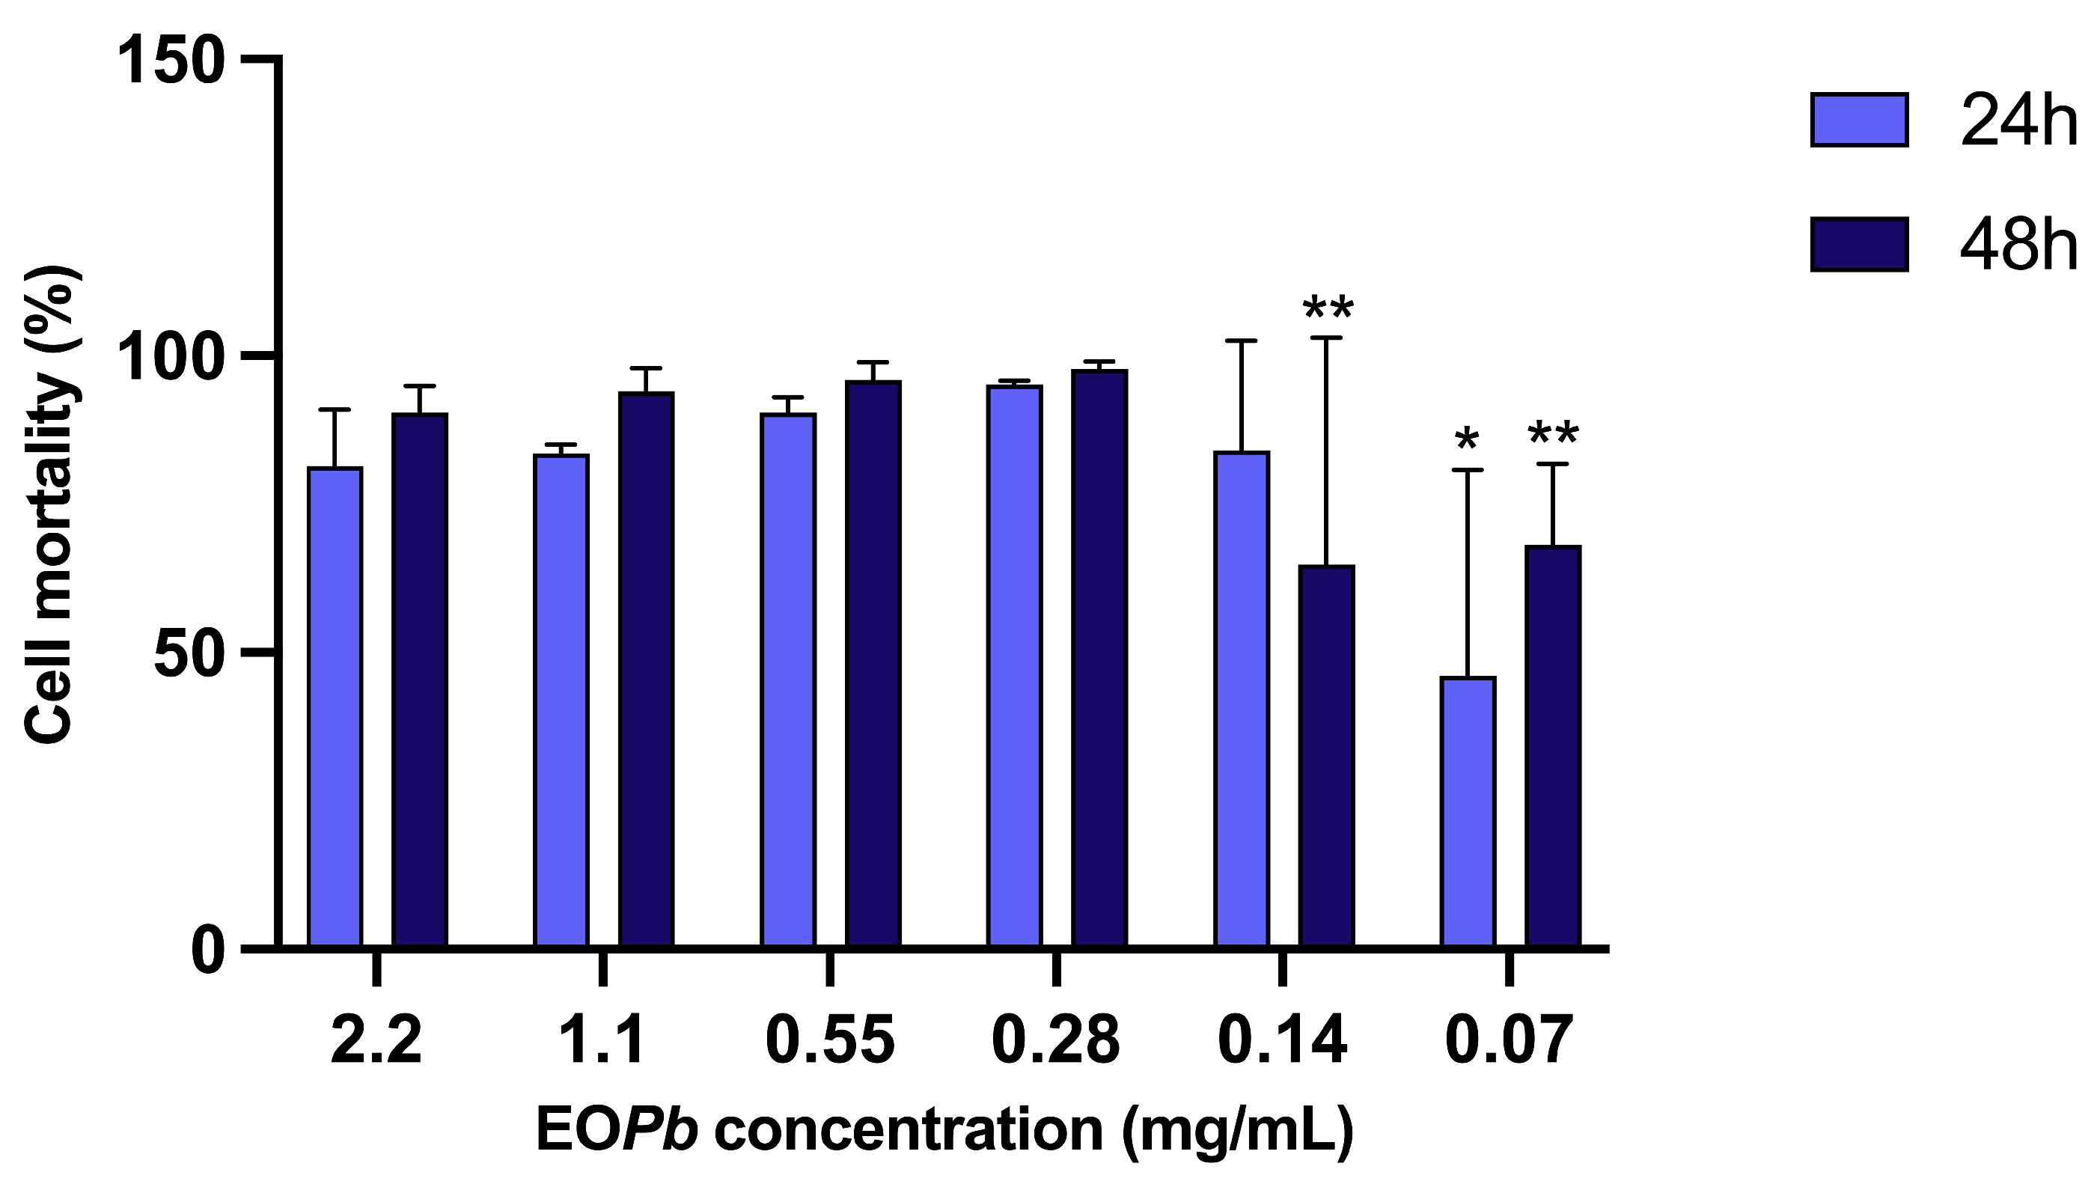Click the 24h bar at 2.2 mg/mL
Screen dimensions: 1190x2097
335,707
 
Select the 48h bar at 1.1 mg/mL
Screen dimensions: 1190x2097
646,669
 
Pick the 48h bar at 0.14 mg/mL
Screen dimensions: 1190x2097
1326,756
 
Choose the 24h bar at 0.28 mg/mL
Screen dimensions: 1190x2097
1014,666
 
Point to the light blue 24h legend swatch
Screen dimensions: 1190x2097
1859,120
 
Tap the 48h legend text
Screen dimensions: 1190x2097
2018,245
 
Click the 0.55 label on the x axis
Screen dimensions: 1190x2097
829,1040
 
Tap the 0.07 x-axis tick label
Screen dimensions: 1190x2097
1509,1040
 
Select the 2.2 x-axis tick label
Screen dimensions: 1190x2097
376,1040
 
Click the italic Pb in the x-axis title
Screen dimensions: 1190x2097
660,1130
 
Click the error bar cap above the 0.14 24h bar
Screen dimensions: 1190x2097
1242,340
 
